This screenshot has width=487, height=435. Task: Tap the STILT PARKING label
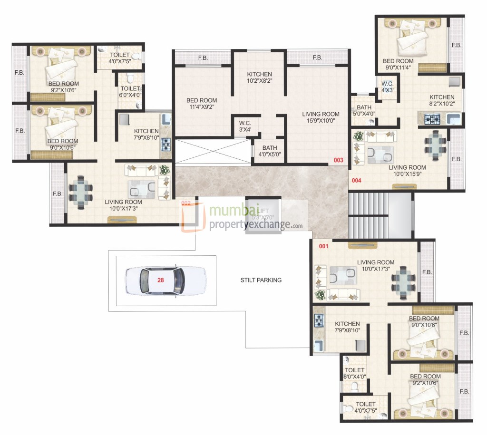coord(261,280)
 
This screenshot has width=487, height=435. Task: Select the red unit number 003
coord(338,160)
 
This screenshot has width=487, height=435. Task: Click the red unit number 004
coord(356,181)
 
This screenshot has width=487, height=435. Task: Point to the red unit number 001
coord(323,246)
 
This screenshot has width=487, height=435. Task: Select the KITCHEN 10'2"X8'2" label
coord(259,77)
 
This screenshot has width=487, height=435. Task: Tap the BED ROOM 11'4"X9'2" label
coord(202,104)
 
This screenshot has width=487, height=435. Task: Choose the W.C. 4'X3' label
coord(387,86)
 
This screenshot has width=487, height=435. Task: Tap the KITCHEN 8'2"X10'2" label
coord(442,100)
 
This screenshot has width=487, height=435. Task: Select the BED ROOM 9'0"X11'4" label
coord(398,64)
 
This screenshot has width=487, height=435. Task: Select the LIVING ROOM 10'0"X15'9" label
coord(407,171)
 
